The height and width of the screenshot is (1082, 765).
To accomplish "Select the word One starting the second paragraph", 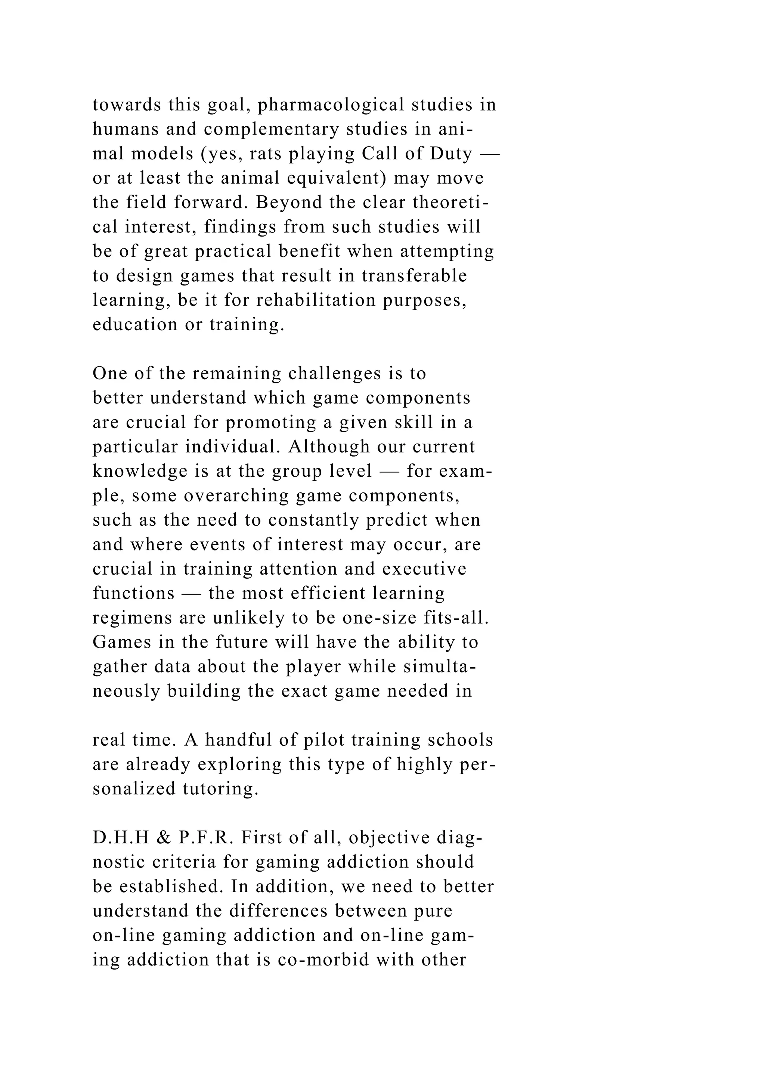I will coord(108,374).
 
